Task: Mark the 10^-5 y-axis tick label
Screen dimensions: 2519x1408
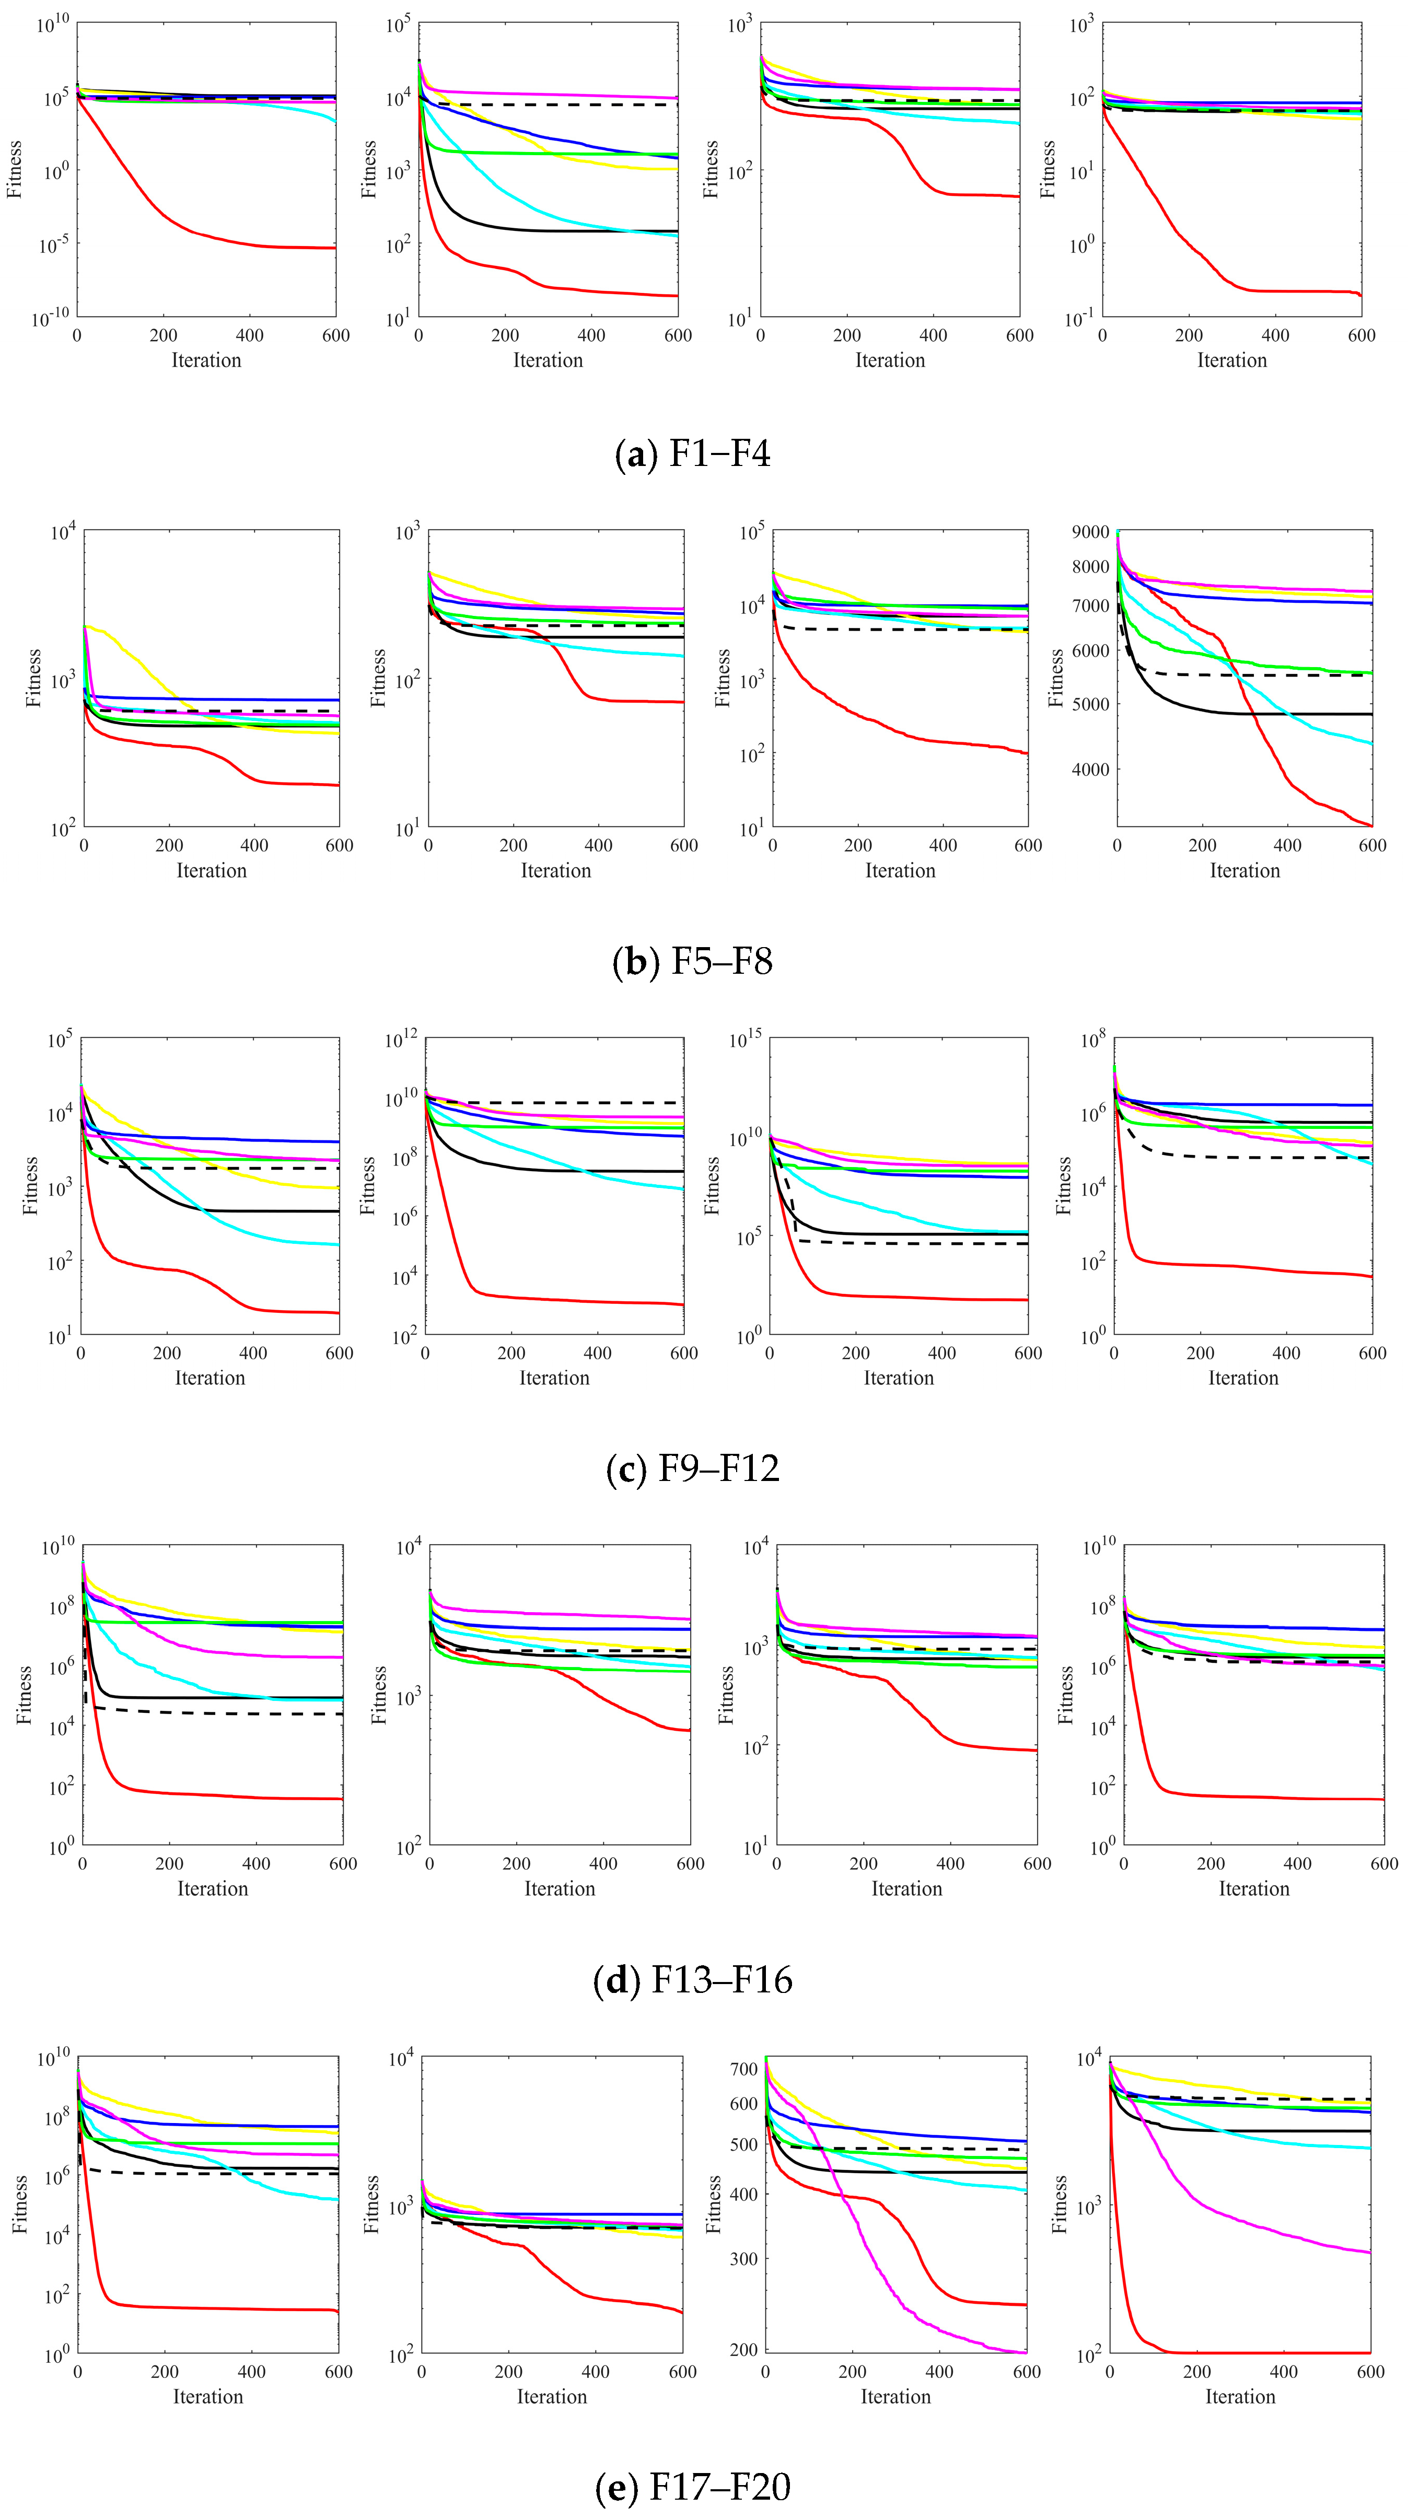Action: (x=54, y=244)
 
